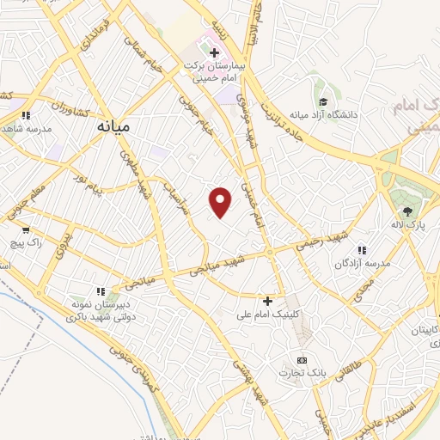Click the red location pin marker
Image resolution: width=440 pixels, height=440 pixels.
[x=221, y=202]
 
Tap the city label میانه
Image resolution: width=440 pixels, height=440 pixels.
[x=112, y=125]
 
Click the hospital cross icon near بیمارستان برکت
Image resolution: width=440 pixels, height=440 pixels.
[x=214, y=52]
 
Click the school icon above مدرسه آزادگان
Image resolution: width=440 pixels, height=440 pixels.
[x=362, y=250]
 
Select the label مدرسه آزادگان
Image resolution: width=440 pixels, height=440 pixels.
[x=364, y=263]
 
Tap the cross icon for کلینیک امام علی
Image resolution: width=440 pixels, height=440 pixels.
[x=268, y=301]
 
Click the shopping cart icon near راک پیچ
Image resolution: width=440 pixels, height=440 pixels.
[x=26, y=229]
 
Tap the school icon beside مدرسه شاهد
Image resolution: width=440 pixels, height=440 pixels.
[x=26, y=114]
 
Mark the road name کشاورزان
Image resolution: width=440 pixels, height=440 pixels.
[x=52, y=104]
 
